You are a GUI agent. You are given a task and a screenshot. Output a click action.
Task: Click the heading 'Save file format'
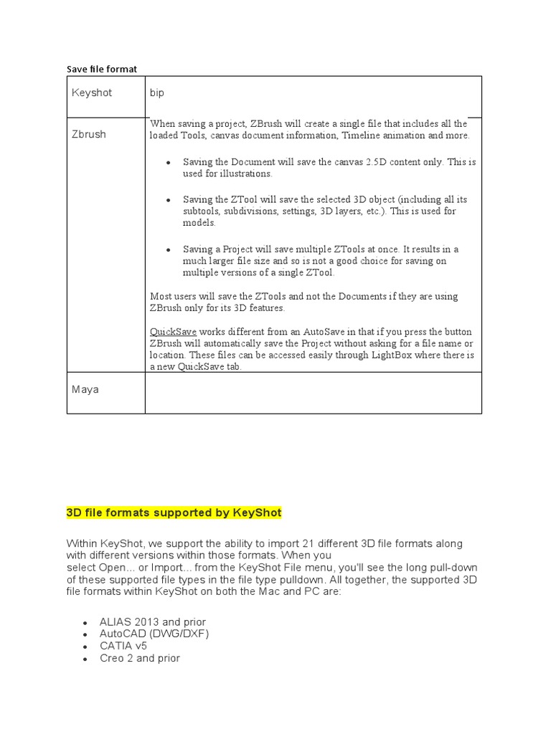[101, 69]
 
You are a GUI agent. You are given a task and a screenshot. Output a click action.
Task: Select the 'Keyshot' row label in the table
[92, 93]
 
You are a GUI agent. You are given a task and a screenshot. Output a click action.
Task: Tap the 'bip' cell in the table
[157, 93]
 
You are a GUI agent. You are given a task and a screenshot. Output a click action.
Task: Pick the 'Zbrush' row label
[88, 134]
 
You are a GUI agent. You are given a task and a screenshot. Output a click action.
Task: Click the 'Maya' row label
[85, 390]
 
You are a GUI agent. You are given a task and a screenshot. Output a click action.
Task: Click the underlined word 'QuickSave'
[173, 332]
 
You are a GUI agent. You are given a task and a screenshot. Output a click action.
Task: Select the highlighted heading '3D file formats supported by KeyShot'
[174, 513]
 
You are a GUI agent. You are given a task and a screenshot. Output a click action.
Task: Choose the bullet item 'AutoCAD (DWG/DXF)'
[154, 634]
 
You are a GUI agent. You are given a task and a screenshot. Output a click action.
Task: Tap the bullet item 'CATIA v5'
[123, 646]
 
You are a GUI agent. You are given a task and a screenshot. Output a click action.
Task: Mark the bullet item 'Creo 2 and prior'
[140, 658]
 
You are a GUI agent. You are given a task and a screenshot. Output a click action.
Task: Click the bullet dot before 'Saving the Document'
[168, 163]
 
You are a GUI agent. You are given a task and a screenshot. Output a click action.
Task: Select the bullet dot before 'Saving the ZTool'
[168, 200]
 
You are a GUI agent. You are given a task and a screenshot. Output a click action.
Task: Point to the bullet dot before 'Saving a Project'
[168, 249]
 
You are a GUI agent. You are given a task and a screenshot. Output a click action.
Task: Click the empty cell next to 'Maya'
[313, 393]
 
